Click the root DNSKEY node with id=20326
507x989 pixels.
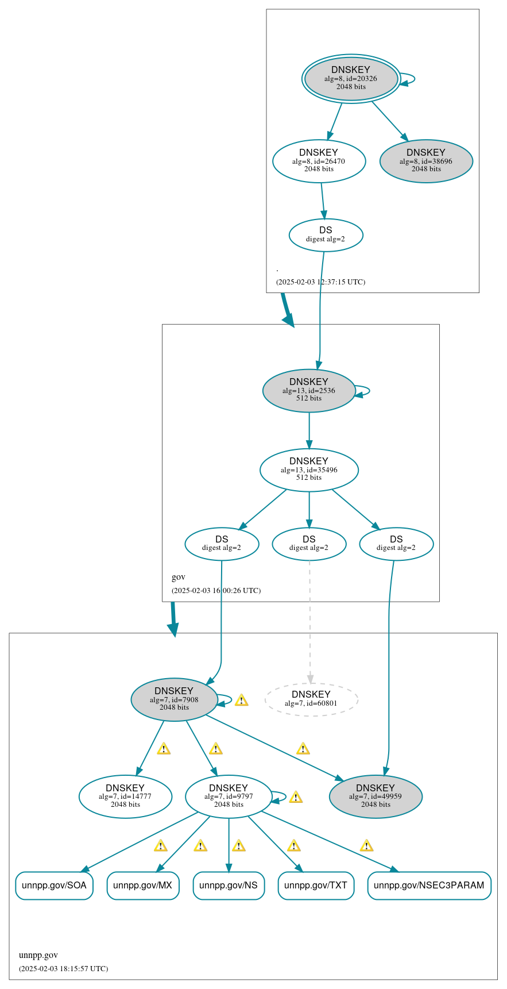tap(351, 78)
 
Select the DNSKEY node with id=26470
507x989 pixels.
tap(319, 161)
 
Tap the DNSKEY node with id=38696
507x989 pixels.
tap(426, 161)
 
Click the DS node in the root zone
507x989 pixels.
tap(326, 234)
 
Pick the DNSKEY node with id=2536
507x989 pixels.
tap(309, 390)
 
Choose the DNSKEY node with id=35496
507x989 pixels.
tap(309, 470)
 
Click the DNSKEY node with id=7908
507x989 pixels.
tap(174, 699)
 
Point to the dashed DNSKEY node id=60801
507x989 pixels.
tap(311, 699)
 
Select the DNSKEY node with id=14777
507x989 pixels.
tap(125, 796)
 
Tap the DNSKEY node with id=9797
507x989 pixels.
tap(229, 796)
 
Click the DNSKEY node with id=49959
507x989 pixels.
tap(376, 796)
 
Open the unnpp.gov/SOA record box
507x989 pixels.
tap(54, 885)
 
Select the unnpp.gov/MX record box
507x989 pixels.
tap(142, 885)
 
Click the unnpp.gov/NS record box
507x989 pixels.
tap(229, 885)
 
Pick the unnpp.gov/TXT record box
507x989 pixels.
tap(316, 885)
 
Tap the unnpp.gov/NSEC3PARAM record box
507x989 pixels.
tap(429, 885)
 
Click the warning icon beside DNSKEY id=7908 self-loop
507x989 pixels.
tap(241, 700)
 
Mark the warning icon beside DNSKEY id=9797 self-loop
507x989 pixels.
tap(296, 797)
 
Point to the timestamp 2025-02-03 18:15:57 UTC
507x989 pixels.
tap(63, 968)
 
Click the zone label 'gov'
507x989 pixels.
tap(179, 577)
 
